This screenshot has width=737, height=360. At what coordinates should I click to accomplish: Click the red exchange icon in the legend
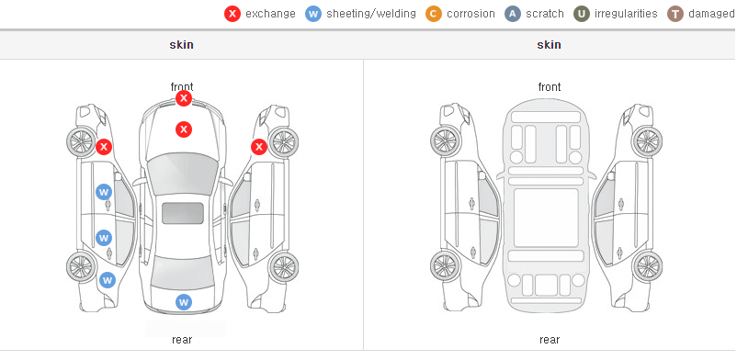232,14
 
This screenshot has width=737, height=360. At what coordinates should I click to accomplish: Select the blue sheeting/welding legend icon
313,14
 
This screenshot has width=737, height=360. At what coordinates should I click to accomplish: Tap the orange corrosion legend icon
434,14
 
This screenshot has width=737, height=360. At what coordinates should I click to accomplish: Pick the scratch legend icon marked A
513,14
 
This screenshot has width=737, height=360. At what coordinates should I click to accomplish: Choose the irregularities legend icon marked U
582,14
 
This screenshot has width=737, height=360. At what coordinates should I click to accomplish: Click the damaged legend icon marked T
675,14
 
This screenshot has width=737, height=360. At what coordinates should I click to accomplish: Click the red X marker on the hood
184,129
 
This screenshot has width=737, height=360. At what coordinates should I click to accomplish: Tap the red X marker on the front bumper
184,98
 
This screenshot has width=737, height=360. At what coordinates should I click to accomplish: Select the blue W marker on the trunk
184,302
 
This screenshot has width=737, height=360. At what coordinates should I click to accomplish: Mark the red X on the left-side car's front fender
104,147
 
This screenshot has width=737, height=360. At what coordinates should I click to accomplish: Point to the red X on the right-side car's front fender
259,147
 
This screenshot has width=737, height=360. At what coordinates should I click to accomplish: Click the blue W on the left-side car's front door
104,192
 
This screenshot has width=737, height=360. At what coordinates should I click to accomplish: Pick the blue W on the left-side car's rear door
104,238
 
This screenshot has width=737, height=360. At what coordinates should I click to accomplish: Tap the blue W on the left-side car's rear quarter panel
108,281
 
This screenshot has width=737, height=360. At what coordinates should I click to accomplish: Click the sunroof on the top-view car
183,213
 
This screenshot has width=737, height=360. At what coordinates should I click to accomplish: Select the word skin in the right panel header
549,45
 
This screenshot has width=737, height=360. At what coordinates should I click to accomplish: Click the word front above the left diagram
182,86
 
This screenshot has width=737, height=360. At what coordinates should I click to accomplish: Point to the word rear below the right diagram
550,340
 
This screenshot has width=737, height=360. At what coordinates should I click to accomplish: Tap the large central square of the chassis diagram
546,218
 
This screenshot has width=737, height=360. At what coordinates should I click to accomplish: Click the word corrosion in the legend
471,14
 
